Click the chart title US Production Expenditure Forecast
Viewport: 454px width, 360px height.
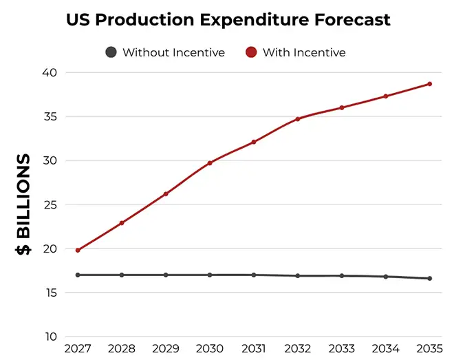click(x=228, y=20)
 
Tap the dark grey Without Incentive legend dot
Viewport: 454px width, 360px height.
click(x=111, y=52)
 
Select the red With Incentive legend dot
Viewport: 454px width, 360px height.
click(x=251, y=52)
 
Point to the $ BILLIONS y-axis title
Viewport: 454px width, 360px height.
click(x=23, y=204)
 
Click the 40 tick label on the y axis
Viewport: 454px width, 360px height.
click(x=50, y=72)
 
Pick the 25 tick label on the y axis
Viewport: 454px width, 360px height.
click(x=50, y=204)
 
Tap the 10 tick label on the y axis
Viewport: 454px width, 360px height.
click(x=51, y=337)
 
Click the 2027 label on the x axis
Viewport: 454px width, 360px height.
click(x=78, y=348)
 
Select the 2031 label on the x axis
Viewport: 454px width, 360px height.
click(x=254, y=348)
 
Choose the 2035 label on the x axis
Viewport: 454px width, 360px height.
click(x=430, y=348)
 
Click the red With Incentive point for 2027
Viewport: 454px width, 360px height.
click(x=78, y=251)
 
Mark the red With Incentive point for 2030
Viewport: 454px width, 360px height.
click(x=210, y=163)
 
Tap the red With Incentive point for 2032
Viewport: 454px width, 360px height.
click(x=298, y=119)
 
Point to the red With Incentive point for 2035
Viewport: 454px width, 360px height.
click(x=430, y=84)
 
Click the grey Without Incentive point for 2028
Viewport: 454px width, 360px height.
click(x=122, y=275)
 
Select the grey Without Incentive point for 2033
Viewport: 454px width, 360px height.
click(x=342, y=276)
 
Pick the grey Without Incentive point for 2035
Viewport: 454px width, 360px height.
click(x=430, y=278)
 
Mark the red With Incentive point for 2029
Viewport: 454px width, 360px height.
click(x=166, y=194)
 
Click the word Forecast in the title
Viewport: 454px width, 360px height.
click(x=352, y=20)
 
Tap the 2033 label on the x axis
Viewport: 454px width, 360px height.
click(x=342, y=348)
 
